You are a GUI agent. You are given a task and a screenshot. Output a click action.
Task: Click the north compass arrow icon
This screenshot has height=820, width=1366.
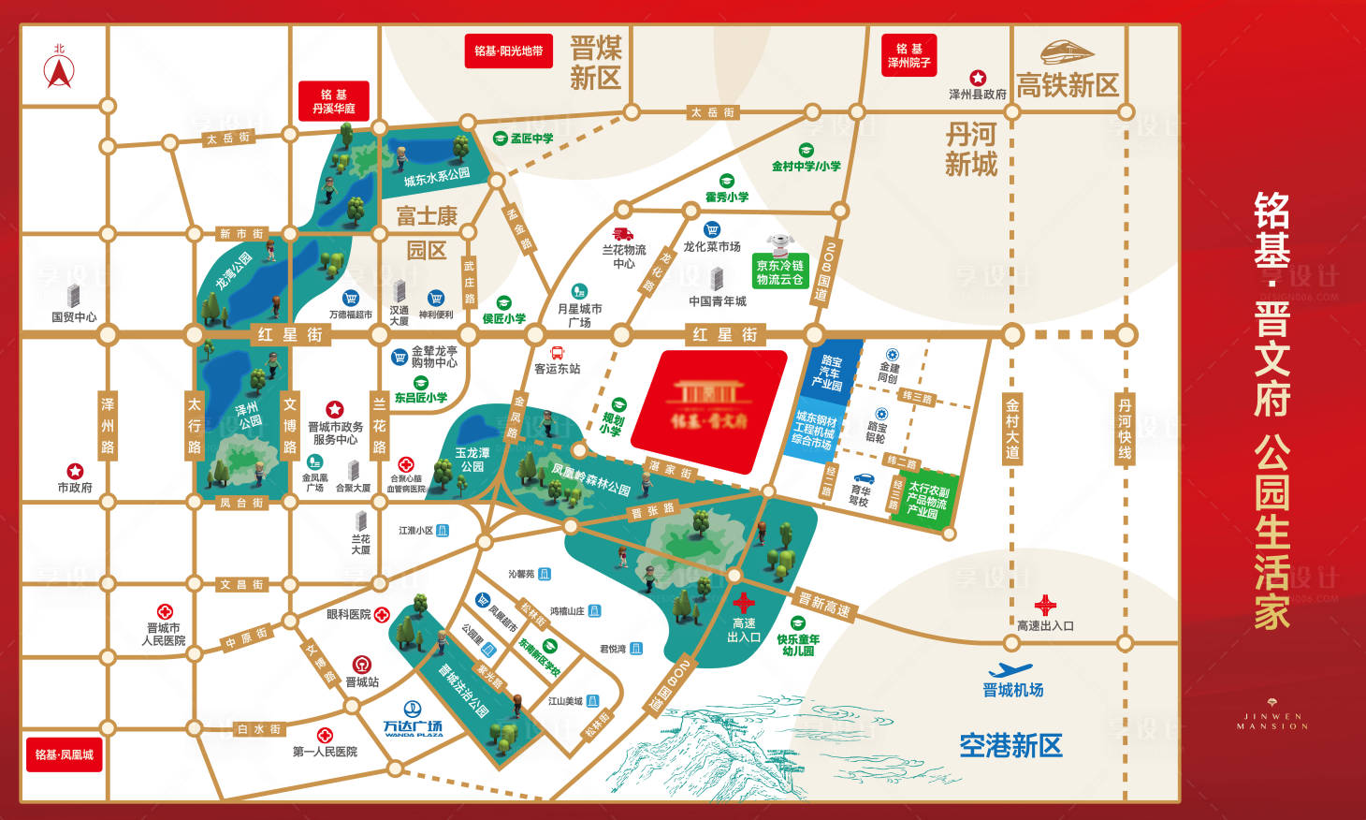[59, 71]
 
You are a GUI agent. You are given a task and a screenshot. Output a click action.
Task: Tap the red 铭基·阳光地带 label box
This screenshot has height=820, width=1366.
[508, 51]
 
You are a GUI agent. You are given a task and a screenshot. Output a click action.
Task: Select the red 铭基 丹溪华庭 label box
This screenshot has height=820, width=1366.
[334, 101]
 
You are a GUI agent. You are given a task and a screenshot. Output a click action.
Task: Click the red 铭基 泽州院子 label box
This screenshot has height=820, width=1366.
[908, 55]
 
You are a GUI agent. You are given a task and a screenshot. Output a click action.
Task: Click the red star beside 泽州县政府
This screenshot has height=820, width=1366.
[978, 78]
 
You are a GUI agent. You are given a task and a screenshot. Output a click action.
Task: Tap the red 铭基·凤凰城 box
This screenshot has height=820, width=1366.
[64, 754]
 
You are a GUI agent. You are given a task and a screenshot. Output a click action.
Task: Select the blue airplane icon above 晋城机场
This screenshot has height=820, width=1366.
[1010, 670]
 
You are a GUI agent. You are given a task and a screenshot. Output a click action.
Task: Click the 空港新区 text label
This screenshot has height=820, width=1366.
[1010, 746]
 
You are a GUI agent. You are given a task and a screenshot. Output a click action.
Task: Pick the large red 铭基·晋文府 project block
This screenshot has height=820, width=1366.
[708, 410]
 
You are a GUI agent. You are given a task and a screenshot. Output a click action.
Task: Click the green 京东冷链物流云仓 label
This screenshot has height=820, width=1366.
[779, 272]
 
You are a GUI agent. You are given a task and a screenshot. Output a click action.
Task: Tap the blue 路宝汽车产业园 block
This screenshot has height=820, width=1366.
[829, 372]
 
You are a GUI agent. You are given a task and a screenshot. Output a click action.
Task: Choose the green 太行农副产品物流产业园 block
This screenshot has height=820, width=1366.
[924, 501]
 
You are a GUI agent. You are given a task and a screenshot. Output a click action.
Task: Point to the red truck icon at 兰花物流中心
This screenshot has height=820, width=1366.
[623, 233]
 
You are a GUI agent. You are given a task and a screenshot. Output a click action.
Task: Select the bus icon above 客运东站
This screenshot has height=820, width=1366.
[557, 353]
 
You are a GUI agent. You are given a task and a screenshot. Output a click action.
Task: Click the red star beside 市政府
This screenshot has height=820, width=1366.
[75, 471]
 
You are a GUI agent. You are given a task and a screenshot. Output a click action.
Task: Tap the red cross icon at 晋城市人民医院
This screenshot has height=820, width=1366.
[165, 611]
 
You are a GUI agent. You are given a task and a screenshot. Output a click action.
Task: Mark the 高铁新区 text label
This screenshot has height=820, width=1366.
[1068, 86]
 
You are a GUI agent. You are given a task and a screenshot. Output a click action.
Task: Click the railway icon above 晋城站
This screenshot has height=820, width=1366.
[361, 665]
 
